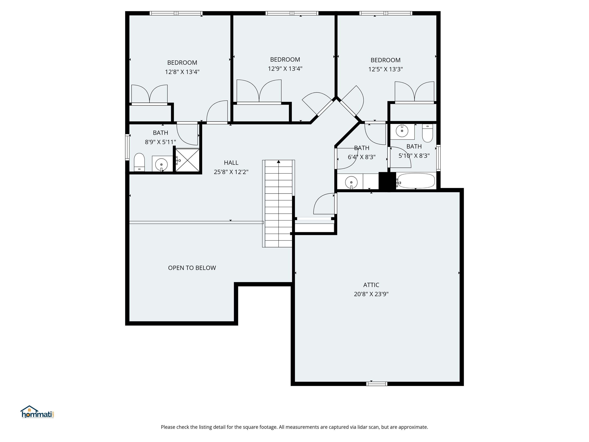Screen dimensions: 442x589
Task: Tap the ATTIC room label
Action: (371, 285)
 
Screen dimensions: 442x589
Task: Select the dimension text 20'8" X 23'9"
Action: (371, 294)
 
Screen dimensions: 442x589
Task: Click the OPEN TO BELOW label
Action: (192, 268)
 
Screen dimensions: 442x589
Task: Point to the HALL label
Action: (231, 162)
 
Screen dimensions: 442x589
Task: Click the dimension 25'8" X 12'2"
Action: (231, 172)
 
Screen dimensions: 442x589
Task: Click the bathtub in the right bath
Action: (416, 181)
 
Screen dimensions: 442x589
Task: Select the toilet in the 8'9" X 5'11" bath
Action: (139, 162)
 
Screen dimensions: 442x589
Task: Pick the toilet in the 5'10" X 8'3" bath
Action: (427, 134)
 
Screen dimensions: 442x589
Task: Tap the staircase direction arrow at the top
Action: (279, 162)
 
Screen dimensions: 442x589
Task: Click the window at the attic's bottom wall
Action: (377, 384)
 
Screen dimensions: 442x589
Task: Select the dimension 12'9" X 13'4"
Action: (285, 69)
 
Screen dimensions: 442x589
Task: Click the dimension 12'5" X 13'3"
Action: (385, 69)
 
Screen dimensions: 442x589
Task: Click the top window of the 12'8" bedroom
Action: (176, 13)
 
